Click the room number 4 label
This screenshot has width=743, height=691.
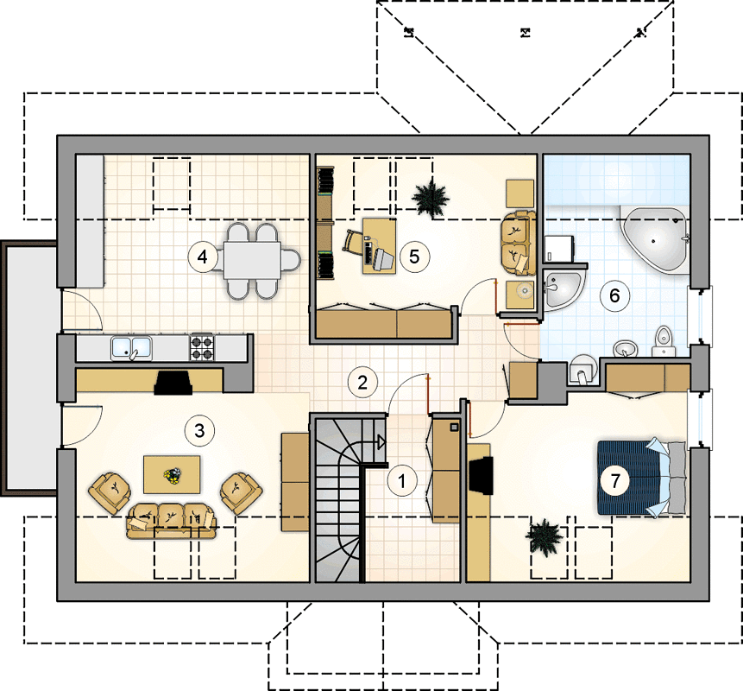tap(203, 257)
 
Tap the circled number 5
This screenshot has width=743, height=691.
tap(414, 257)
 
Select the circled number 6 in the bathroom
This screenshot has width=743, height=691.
tap(614, 295)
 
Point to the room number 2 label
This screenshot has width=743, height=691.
tap(362, 383)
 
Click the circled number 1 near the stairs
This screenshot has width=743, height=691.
tap(402, 481)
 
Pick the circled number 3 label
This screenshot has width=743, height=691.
tap(199, 431)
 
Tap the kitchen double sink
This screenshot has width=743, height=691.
tap(131, 348)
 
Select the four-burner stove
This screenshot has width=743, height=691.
tap(202, 347)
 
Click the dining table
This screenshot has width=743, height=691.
tap(253, 260)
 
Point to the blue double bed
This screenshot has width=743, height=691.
tap(641, 478)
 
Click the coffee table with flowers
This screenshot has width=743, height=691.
tap(172, 475)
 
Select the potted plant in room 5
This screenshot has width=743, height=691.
tap(431, 200)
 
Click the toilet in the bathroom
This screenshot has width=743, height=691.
tap(664, 340)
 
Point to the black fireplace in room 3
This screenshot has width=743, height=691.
tap(173, 383)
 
